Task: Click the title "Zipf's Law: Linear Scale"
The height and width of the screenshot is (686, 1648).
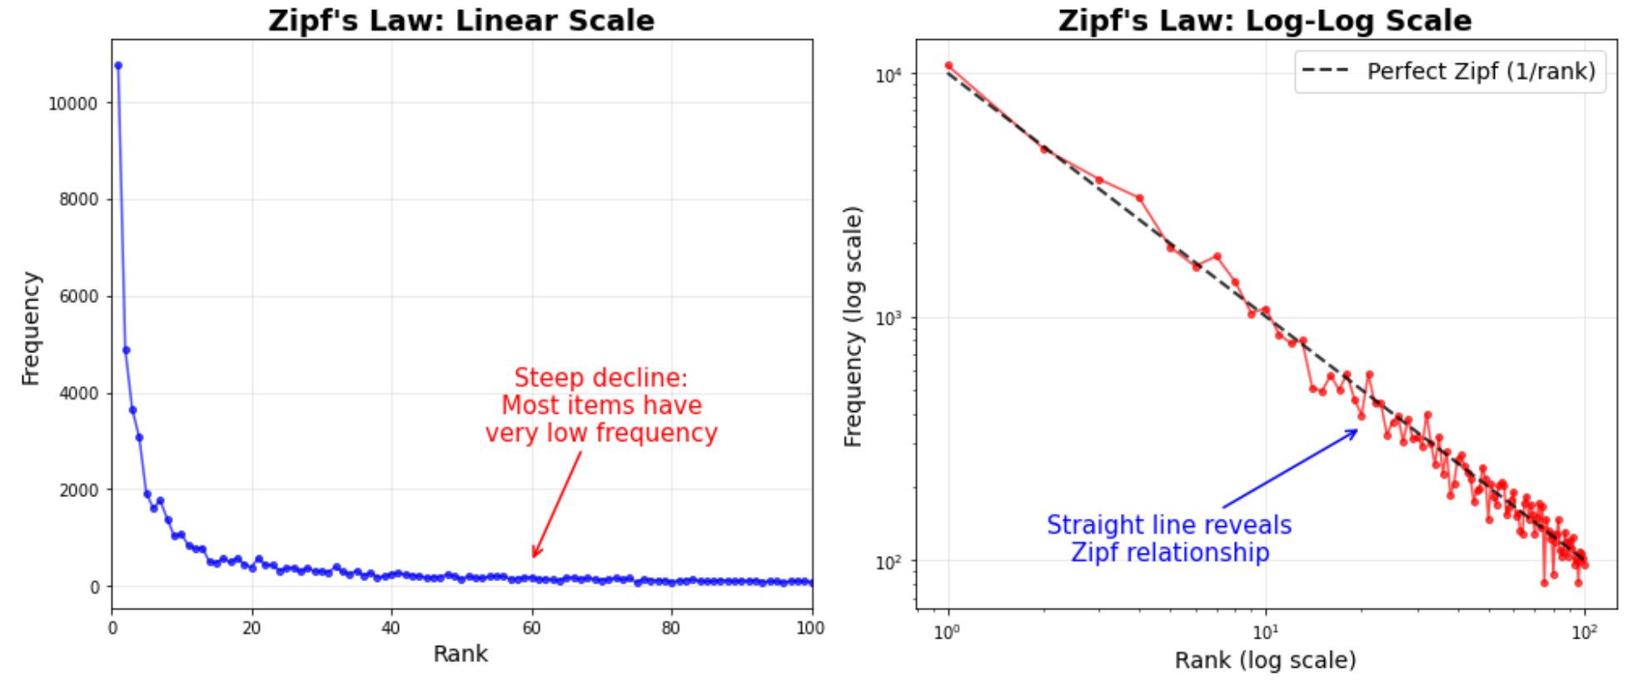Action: (x=461, y=20)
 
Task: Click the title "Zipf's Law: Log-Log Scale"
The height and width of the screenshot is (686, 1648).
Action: (x=1264, y=20)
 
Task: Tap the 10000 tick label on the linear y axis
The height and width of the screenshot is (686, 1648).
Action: (x=72, y=103)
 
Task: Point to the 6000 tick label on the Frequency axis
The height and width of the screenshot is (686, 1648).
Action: (x=78, y=296)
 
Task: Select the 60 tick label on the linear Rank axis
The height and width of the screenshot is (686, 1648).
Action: (x=531, y=628)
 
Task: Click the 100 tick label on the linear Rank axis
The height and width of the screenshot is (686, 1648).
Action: (x=809, y=628)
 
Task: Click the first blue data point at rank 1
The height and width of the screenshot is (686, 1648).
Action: (x=118, y=65)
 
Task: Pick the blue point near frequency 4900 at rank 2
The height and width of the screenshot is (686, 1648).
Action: (x=126, y=350)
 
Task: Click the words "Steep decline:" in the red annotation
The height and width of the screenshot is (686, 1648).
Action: (x=600, y=378)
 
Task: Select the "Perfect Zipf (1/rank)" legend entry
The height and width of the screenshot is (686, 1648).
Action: (x=1449, y=72)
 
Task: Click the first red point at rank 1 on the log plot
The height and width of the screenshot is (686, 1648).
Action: (x=948, y=65)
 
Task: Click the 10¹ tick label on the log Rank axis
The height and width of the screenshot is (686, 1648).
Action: (x=1265, y=632)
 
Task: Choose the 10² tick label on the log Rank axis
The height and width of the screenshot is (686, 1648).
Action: (x=1584, y=632)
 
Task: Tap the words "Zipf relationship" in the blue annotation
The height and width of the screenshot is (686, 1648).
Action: (x=1169, y=553)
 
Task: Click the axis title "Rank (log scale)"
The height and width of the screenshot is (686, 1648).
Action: (x=1264, y=660)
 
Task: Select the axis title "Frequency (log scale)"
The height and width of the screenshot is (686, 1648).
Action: (x=854, y=326)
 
